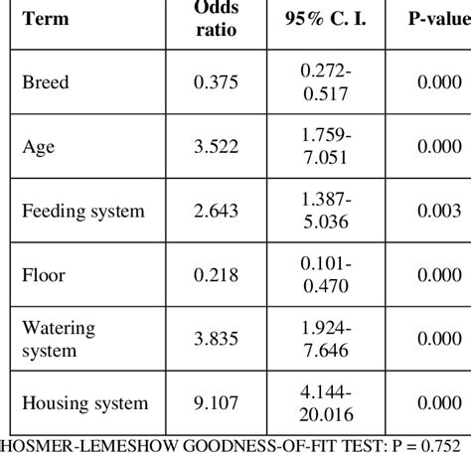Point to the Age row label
[x=38, y=148]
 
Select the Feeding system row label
[x=82, y=212]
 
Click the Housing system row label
[x=84, y=402]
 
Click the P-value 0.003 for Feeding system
[x=438, y=212]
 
